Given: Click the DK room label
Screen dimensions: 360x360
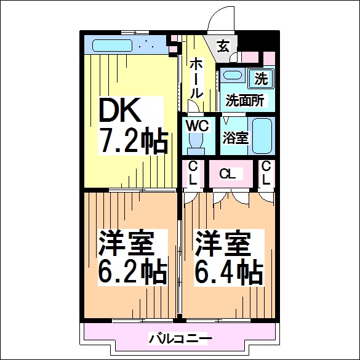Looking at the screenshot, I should click(x=121, y=111).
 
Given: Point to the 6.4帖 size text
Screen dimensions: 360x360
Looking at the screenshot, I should click(x=228, y=271).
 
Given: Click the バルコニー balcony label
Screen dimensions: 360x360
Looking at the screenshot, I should click(x=180, y=338).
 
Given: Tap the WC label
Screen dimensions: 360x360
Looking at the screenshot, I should click(x=199, y=125).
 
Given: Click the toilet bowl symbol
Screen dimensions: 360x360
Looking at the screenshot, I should click(x=197, y=142).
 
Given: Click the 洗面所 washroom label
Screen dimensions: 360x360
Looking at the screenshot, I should click(x=244, y=99).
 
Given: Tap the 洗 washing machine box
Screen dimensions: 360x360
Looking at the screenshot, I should click(x=262, y=78).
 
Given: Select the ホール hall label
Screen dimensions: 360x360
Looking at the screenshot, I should click(x=196, y=78).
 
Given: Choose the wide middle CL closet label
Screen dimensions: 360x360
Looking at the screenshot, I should click(x=228, y=174).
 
